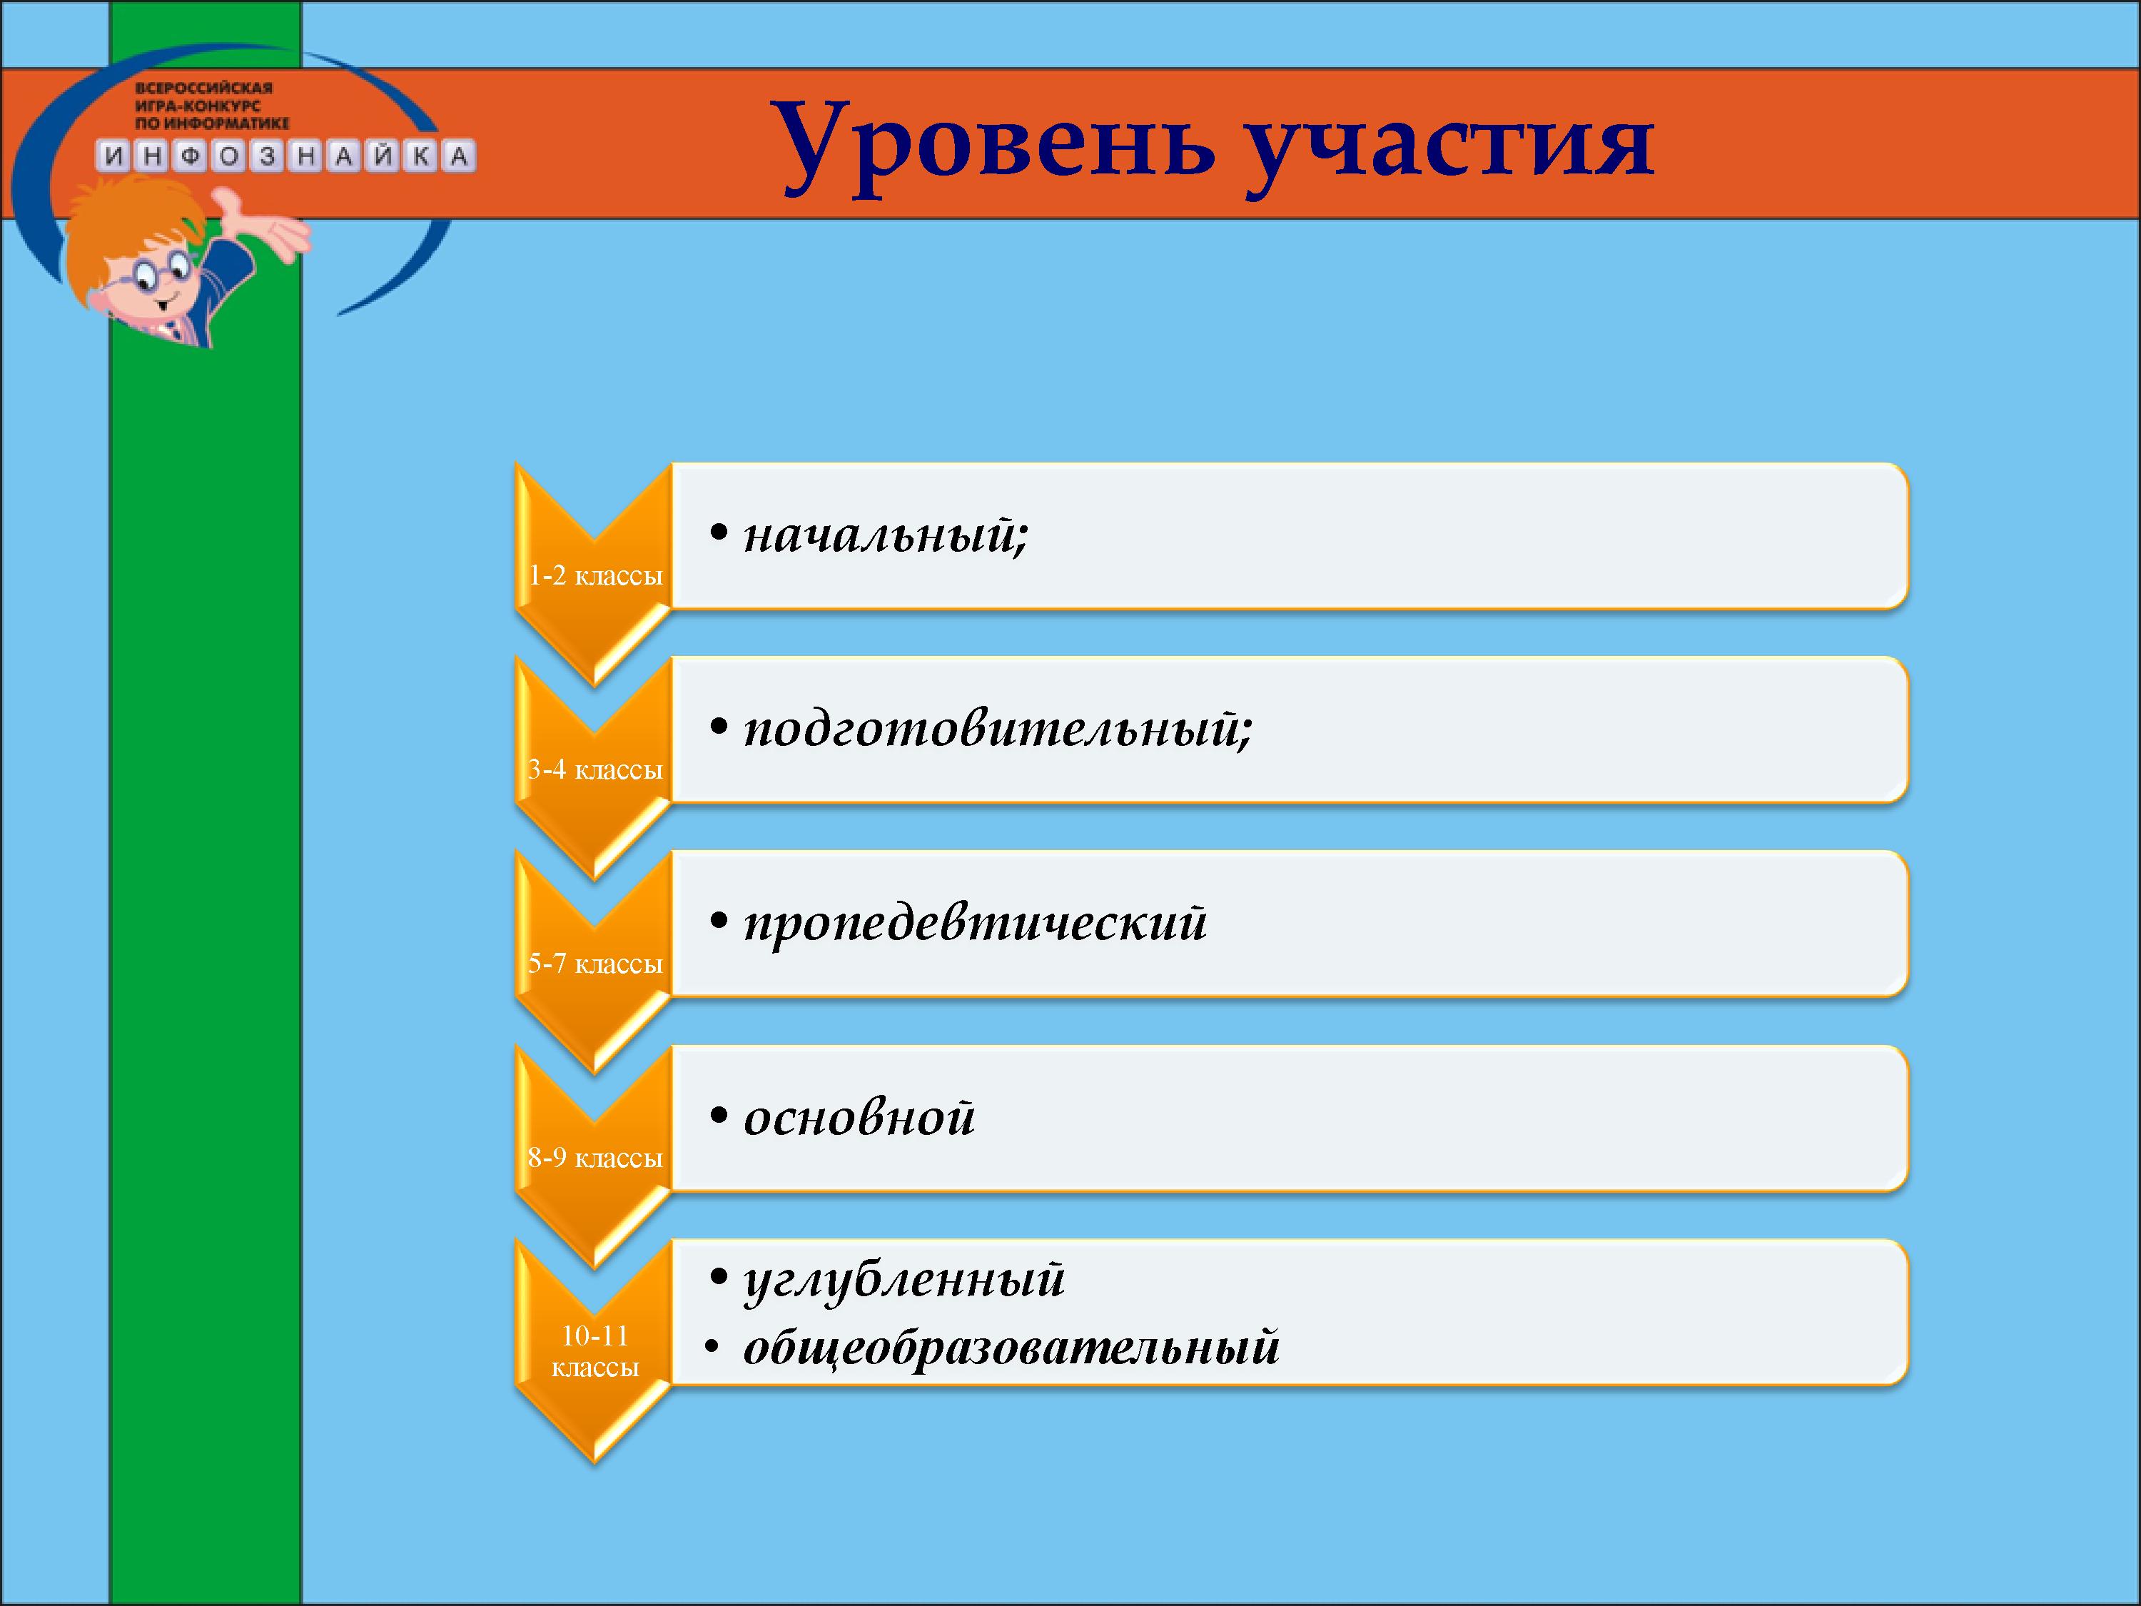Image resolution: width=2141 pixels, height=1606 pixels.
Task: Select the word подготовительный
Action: click(x=998, y=728)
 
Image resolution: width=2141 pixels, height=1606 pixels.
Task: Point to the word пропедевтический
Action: click(x=976, y=922)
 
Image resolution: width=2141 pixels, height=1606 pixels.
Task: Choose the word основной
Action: click(x=859, y=1117)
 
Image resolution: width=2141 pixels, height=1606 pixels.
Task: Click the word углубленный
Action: click(x=904, y=1280)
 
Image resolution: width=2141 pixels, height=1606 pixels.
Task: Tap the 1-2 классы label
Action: click(x=595, y=576)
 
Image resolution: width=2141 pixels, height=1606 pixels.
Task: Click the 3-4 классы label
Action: click(x=595, y=769)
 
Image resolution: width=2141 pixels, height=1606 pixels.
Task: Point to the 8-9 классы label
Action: click(x=595, y=1158)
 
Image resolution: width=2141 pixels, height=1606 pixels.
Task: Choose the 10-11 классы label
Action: click(x=595, y=1351)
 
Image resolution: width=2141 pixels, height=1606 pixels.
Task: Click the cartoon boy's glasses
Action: click(x=154, y=272)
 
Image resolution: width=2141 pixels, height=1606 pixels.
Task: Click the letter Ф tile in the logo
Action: click(x=191, y=156)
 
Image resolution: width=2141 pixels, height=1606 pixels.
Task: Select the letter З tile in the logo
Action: click(x=267, y=156)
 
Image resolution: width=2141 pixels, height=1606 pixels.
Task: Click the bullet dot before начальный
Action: click(x=718, y=533)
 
